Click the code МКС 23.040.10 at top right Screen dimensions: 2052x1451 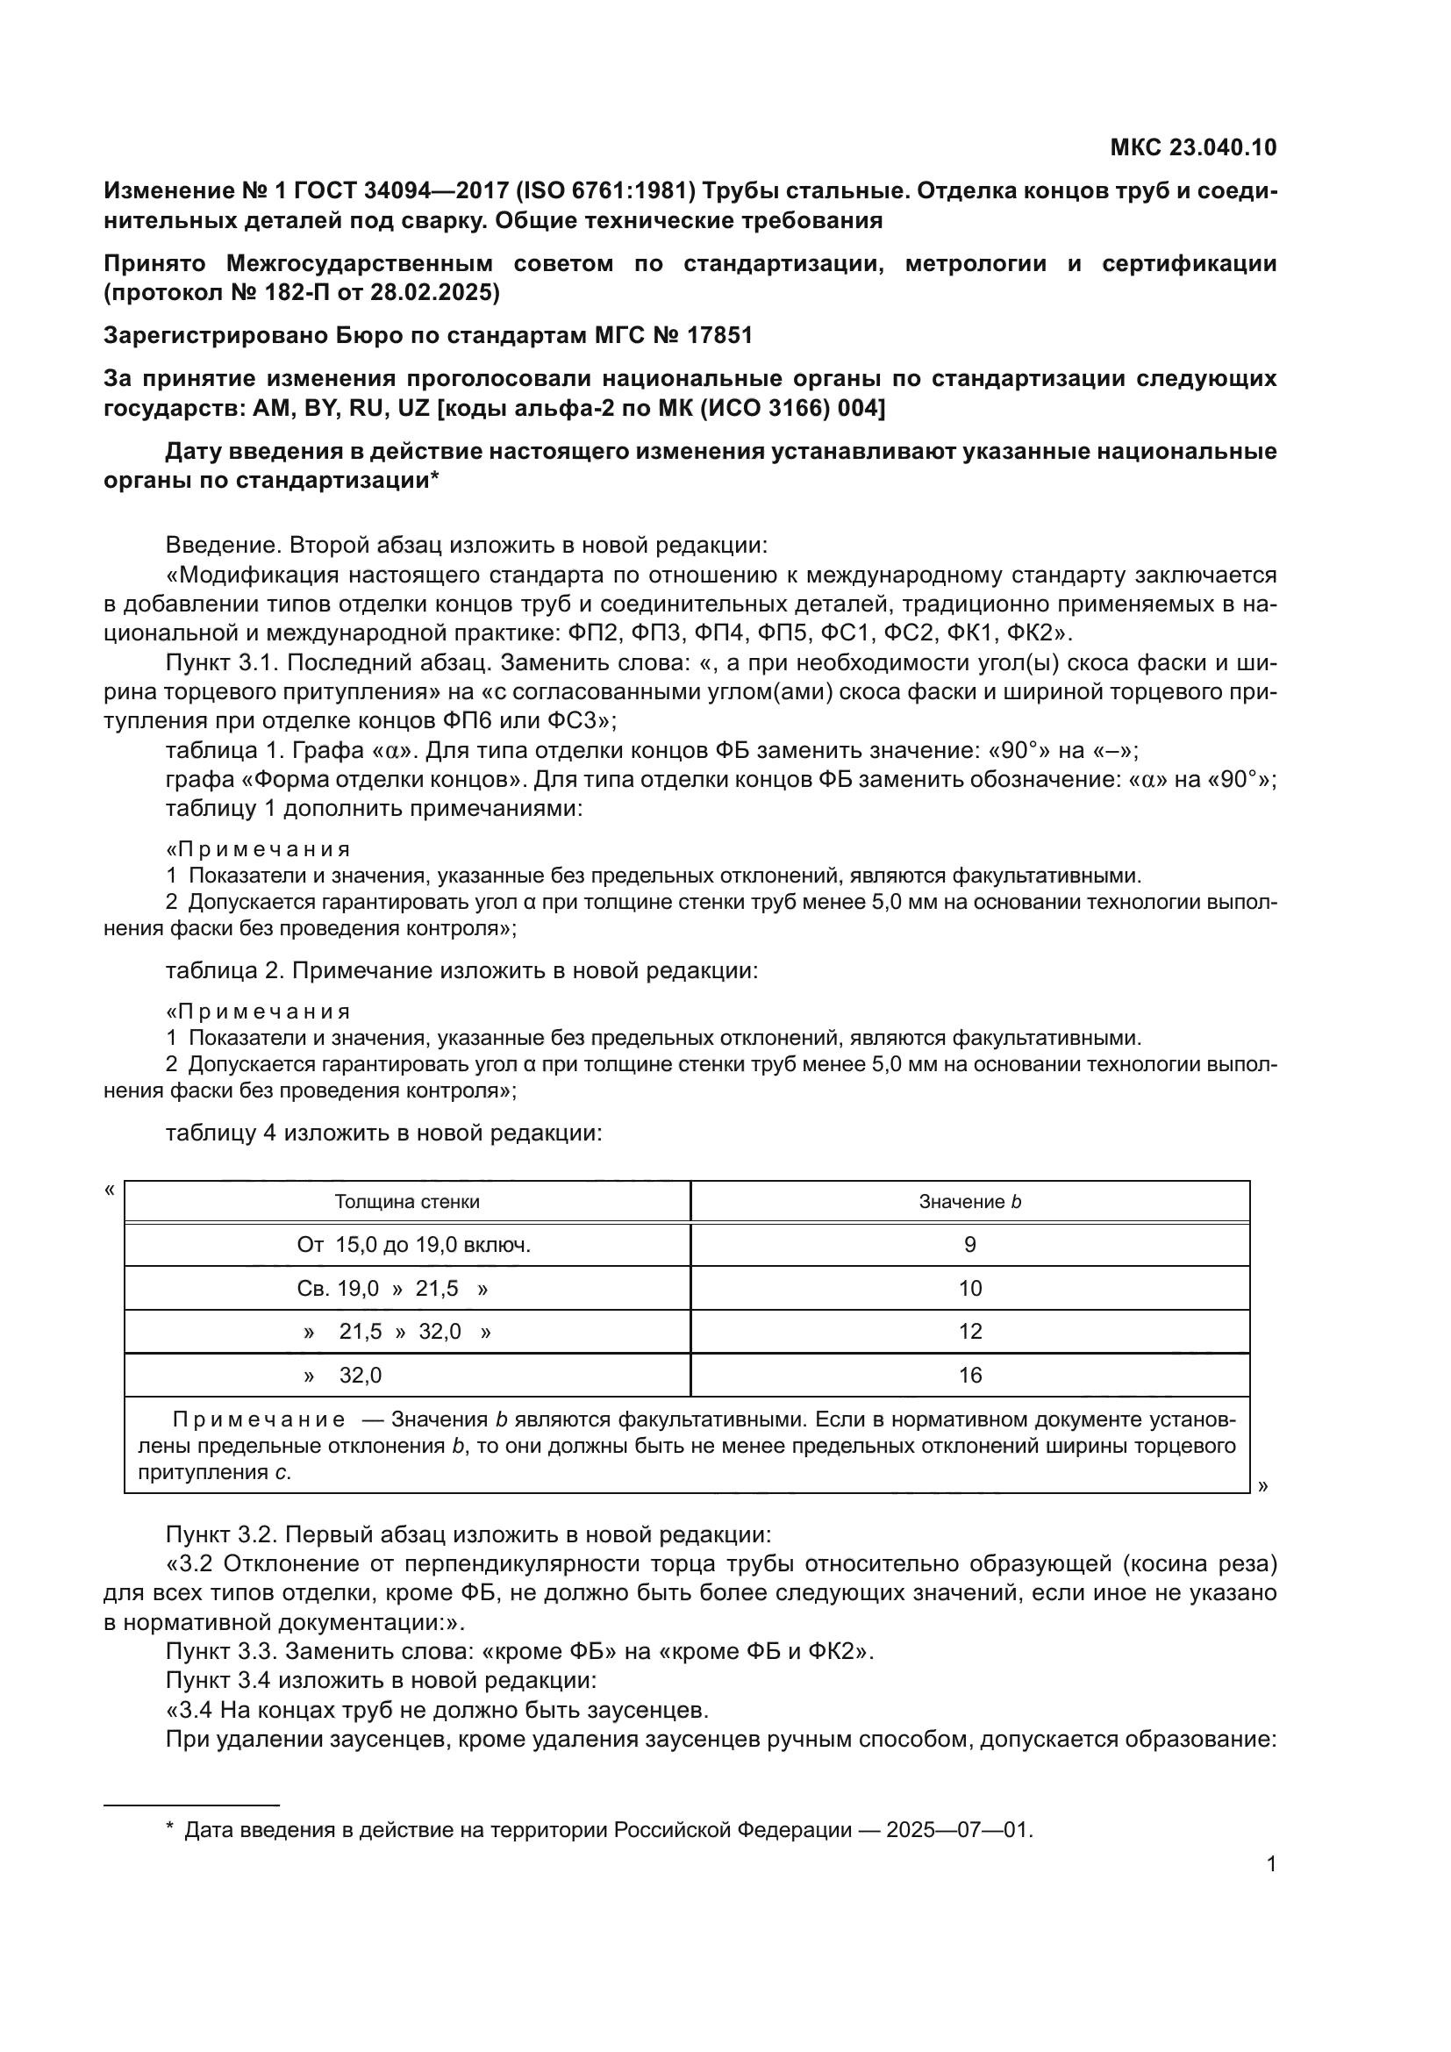click(1193, 147)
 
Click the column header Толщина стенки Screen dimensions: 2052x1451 click(406, 1202)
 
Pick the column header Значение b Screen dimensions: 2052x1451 click(969, 1202)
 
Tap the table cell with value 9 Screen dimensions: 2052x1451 click(969, 1245)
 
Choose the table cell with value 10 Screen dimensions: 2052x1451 click(969, 1289)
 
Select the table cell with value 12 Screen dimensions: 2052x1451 click(969, 1332)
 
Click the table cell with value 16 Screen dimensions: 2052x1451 click(969, 1376)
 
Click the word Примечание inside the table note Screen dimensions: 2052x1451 click(259, 1420)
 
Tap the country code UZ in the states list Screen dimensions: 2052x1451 click(415, 409)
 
